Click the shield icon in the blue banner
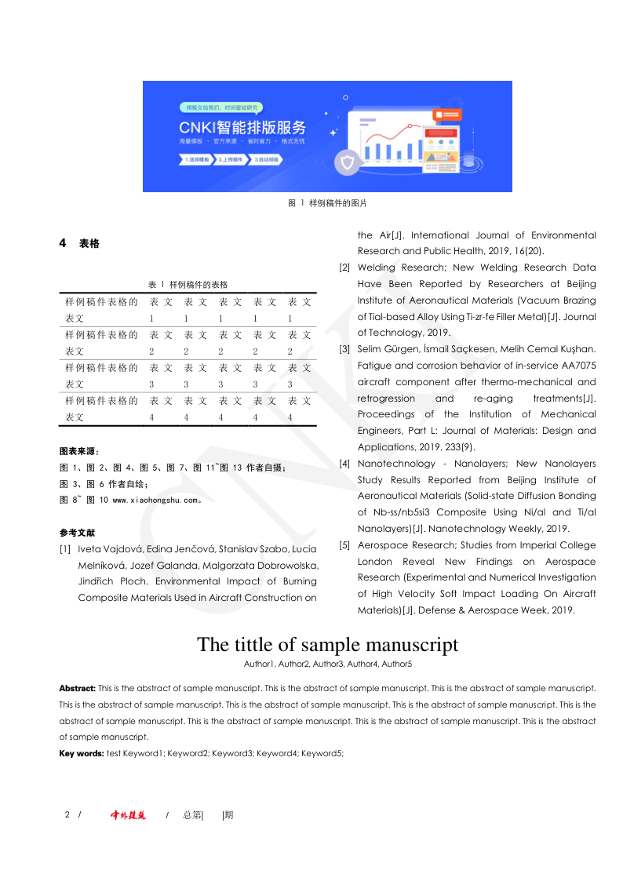pos(348,163)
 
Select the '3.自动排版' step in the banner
pos(268,159)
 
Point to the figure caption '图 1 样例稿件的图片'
pos(327,203)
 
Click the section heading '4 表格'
pos(80,244)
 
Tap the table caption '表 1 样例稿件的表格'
pos(188,284)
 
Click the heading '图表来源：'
pos(79,452)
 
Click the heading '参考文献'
pos(77,533)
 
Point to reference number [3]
pos(344,349)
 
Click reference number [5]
pos(344,545)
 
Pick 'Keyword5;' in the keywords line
pos(322,754)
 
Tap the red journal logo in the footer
pos(128,815)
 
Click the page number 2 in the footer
pos(67,815)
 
